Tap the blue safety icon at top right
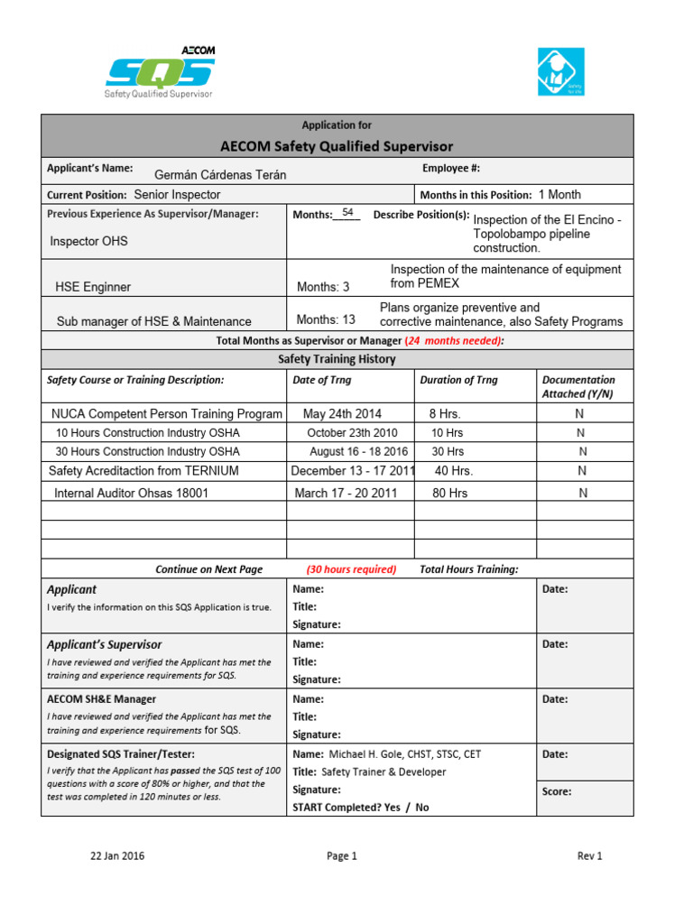point(561,72)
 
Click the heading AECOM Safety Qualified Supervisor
point(337,146)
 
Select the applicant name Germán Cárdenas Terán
point(220,175)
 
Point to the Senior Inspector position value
point(177,195)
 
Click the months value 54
point(347,213)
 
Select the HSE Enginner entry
point(93,287)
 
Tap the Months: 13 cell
point(326,319)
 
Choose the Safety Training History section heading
point(337,359)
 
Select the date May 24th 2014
point(342,414)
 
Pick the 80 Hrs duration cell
point(450,494)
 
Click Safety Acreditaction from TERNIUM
point(143,471)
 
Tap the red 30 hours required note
point(351,569)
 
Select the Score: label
point(557,791)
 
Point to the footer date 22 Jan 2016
point(117,856)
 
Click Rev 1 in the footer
point(589,856)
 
